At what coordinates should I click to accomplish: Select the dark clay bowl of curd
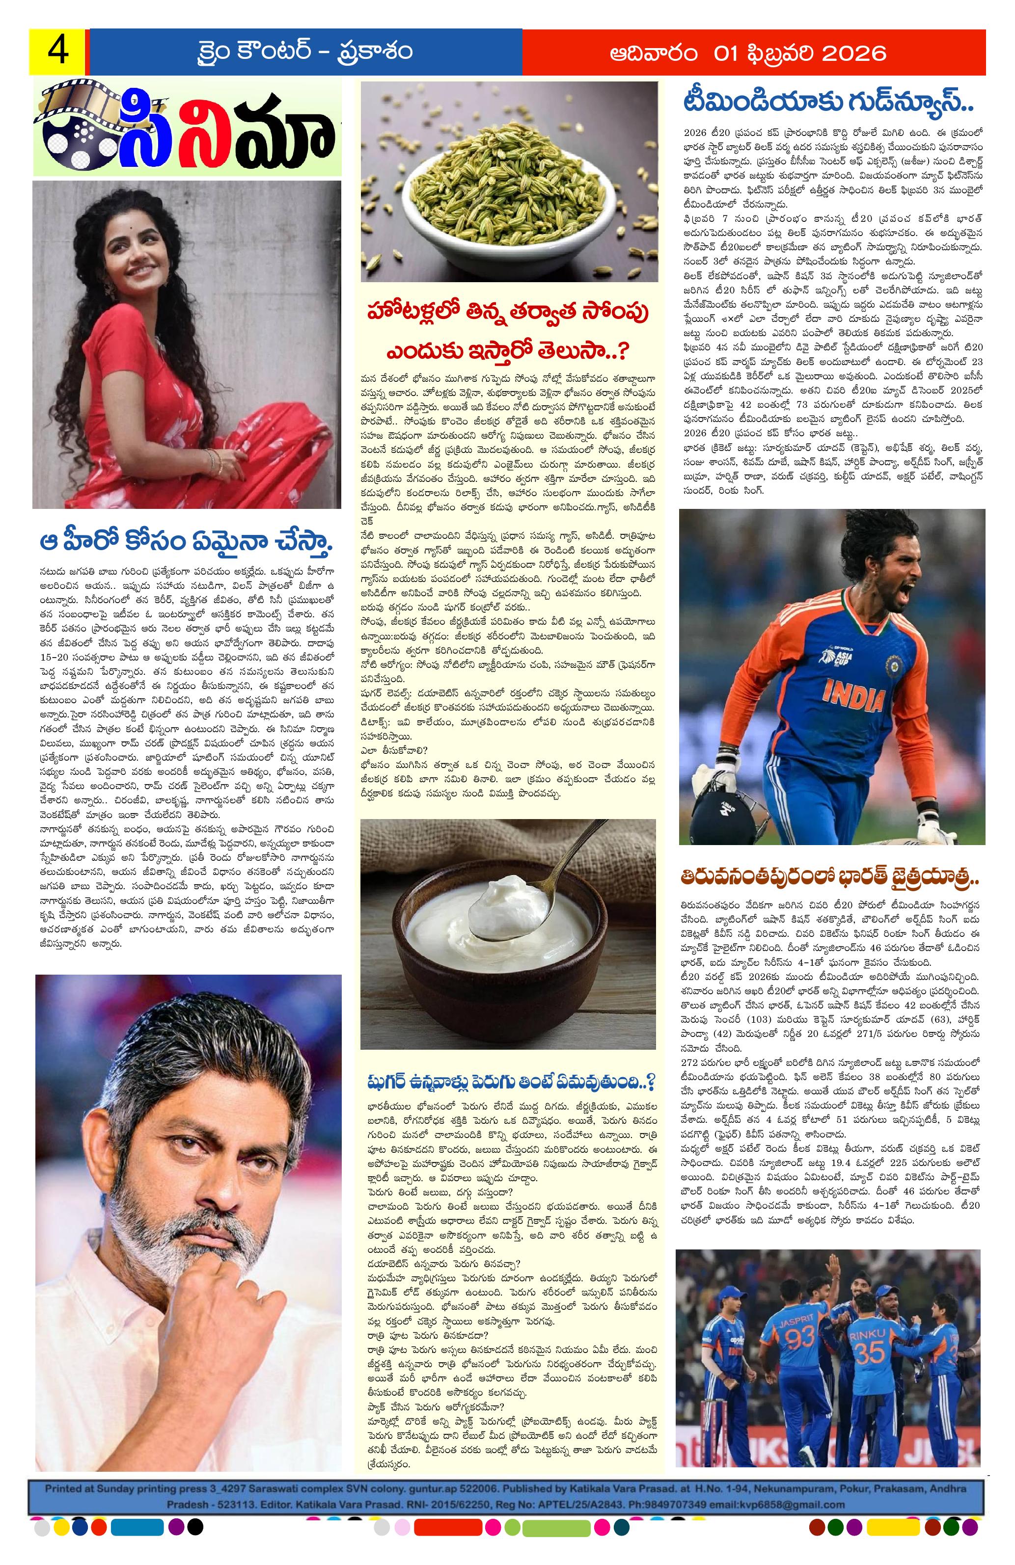coord(500,947)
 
